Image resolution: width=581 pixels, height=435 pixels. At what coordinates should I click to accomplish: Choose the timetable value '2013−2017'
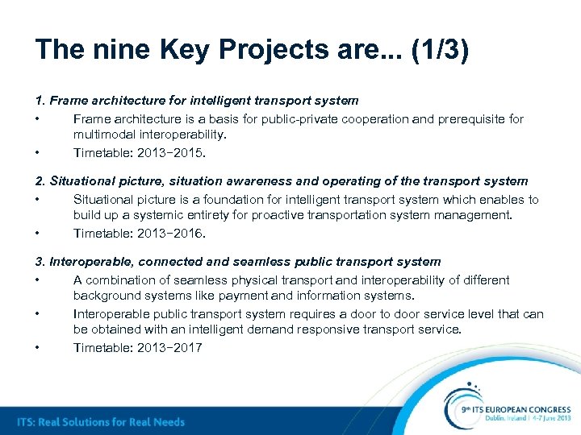coord(169,347)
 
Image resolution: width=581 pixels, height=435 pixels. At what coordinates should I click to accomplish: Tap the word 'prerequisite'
coord(472,118)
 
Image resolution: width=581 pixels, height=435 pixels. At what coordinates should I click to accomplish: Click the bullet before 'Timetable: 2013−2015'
coord(38,152)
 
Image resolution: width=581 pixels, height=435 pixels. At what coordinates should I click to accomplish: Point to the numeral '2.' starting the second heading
coord(40,181)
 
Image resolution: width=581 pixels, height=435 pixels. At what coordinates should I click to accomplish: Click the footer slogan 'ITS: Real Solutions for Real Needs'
coord(102,422)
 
